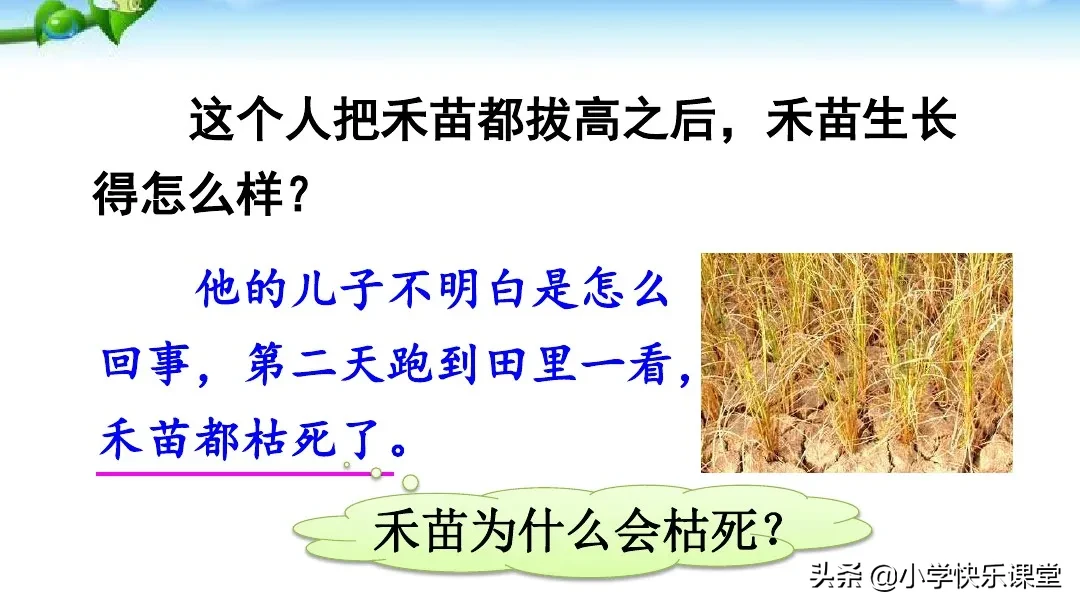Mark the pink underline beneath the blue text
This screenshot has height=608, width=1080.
pos(245,475)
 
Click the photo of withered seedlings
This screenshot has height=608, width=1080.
pos(856,362)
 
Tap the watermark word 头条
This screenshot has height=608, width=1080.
pos(835,578)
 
